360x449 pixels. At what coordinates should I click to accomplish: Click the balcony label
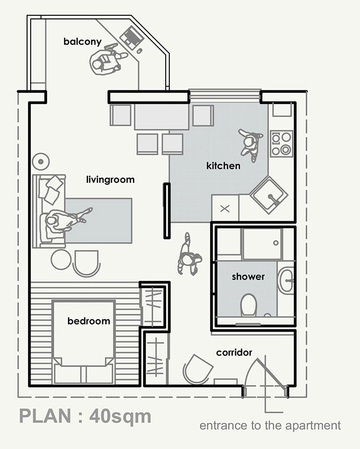coord(82,42)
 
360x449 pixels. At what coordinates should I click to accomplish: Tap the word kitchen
coord(223,166)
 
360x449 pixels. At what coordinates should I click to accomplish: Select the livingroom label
coord(110,180)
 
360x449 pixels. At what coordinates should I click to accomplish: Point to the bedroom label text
coord(89,321)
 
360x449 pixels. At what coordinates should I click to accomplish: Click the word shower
coord(248,277)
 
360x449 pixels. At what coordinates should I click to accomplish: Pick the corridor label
coord(234,352)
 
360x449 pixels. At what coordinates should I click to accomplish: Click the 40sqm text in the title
coord(120,417)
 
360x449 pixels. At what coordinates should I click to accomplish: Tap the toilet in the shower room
coord(249,305)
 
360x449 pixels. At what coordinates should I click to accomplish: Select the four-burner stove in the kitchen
coord(281,144)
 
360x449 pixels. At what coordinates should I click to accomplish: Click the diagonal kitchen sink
coord(269,195)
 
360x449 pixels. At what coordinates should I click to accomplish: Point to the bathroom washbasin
coord(286,280)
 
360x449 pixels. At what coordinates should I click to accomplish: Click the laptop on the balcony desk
coord(131,38)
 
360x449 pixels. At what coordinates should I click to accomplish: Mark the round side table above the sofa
coord(41,162)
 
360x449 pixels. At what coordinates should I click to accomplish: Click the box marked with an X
coord(225,208)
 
